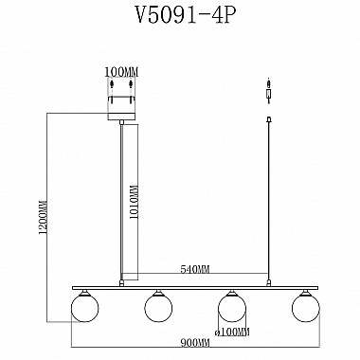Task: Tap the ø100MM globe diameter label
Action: coord(233,331)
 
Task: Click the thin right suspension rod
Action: coord(269,199)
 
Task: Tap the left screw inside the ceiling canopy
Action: coord(110,93)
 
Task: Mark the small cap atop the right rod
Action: coord(269,120)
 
